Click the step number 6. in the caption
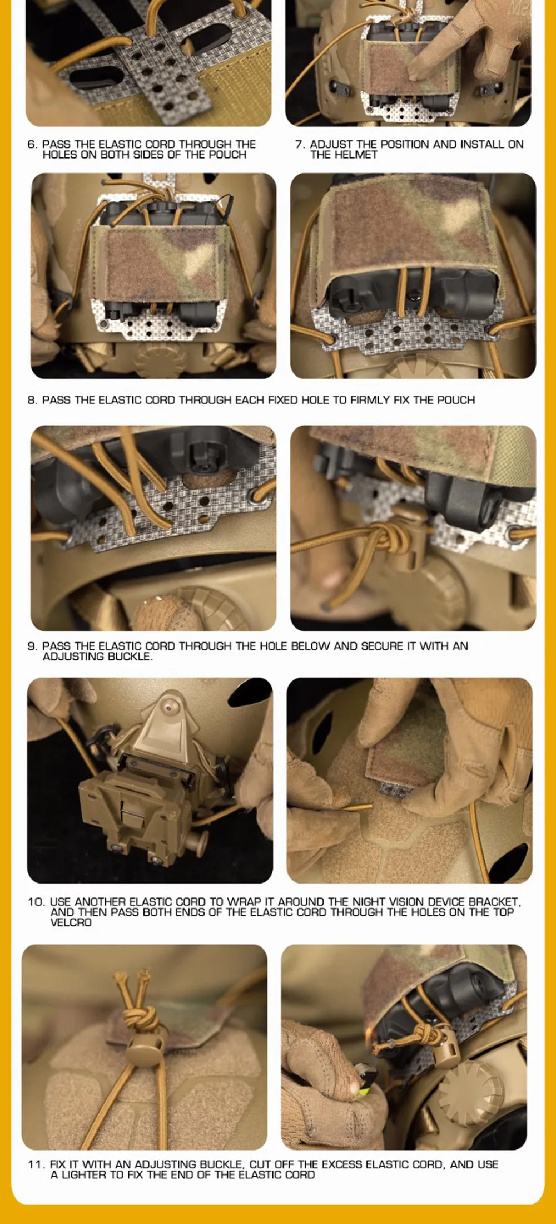(32, 144)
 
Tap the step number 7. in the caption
(300, 144)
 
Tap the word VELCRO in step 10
(71, 922)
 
